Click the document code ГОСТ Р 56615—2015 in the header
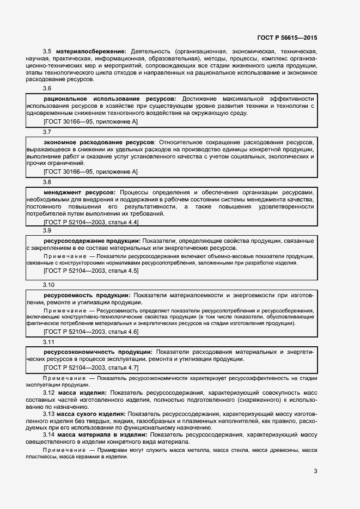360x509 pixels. click(286, 38)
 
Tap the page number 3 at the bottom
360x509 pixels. click(315, 471)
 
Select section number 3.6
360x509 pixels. click(47, 88)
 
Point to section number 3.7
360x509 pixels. click(47, 132)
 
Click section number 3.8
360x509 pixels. click(47, 182)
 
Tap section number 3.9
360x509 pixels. click(47, 230)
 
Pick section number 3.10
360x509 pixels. click(49, 285)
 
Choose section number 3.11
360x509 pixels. click(49, 341)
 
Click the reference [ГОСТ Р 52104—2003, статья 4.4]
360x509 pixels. click(91, 222)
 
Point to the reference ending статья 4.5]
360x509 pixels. click(91, 271)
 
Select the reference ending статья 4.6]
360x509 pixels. click(91, 332)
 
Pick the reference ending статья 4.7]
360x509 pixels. click(91, 367)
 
